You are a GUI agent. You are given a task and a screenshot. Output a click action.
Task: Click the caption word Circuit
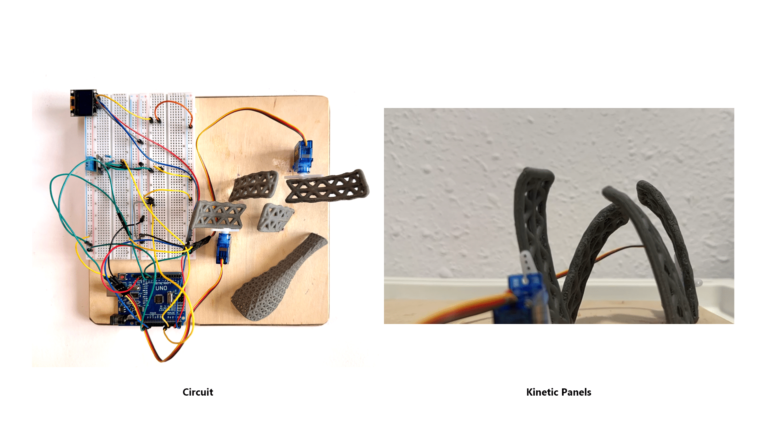198,392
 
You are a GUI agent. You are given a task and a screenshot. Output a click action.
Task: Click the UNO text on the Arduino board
161,288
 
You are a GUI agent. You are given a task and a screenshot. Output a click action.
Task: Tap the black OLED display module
83,103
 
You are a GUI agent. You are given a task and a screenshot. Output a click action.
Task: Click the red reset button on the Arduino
122,277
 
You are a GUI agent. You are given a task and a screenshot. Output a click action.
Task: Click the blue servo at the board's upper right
303,157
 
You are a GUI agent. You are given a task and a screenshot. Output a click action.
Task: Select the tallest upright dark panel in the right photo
534,240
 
